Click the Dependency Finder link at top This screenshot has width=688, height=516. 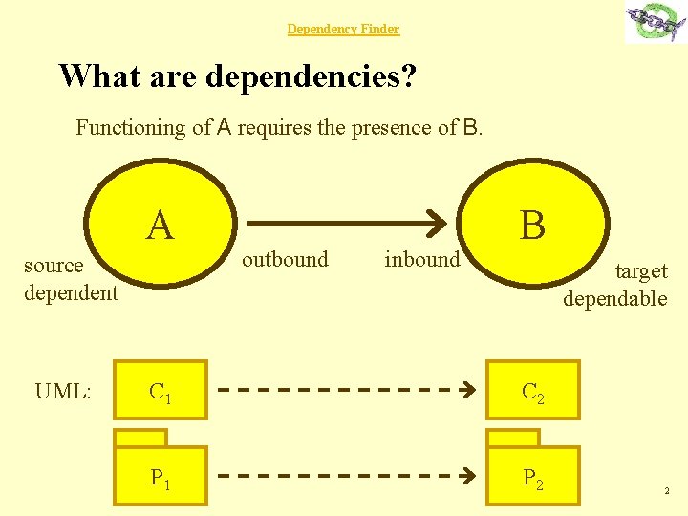pos(343,30)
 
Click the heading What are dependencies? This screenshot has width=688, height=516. pos(237,75)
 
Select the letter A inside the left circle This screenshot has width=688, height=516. pos(160,226)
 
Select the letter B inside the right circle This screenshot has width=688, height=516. pos(532,226)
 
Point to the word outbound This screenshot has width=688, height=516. pos(285,259)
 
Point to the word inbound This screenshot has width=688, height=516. pos(421,259)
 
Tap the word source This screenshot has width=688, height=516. pos(54,266)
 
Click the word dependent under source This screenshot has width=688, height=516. pos(71,292)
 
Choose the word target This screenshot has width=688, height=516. pos(640,271)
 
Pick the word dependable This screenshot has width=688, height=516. pos(614,298)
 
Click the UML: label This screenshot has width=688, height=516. pos(63,391)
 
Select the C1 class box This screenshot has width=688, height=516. pos(160,391)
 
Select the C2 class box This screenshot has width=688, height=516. pos(532,391)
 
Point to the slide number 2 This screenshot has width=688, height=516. pos(666,491)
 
